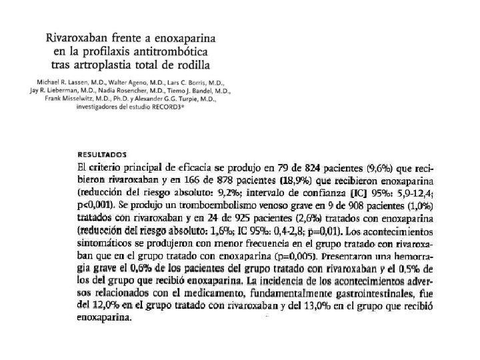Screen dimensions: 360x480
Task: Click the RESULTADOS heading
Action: (x=103, y=153)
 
